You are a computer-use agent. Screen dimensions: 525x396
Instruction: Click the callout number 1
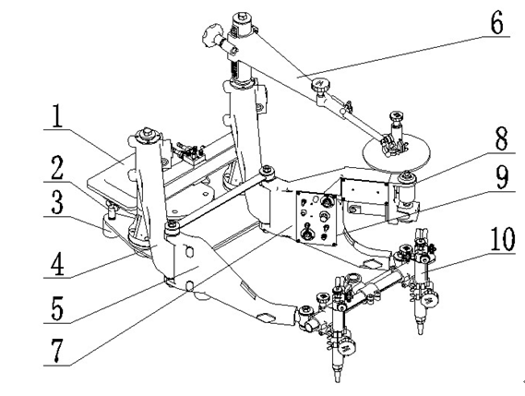click(57, 116)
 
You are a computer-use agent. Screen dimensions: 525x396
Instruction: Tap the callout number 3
click(57, 202)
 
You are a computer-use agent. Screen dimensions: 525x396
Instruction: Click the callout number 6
click(496, 21)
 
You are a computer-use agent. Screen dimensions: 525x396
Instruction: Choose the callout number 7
click(56, 351)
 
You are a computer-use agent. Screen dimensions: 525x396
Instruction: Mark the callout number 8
click(501, 138)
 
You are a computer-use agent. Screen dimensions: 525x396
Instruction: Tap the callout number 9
click(502, 177)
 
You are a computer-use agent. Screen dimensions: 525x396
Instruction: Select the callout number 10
click(503, 238)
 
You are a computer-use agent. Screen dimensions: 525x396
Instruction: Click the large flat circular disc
click(397, 153)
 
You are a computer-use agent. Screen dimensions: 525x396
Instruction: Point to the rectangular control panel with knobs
click(316, 219)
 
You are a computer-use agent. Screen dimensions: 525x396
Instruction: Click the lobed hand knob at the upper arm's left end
click(212, 34)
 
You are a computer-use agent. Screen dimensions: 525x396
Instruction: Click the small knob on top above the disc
click(397, 116)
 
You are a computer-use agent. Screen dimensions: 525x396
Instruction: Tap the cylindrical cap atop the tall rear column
click(243, 23)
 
